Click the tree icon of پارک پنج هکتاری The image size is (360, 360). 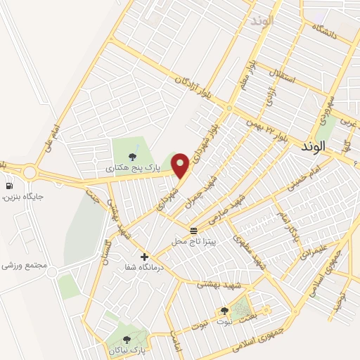[132, 156]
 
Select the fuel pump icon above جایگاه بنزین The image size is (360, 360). [9, 186]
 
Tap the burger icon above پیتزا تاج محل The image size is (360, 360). [193, 231]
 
